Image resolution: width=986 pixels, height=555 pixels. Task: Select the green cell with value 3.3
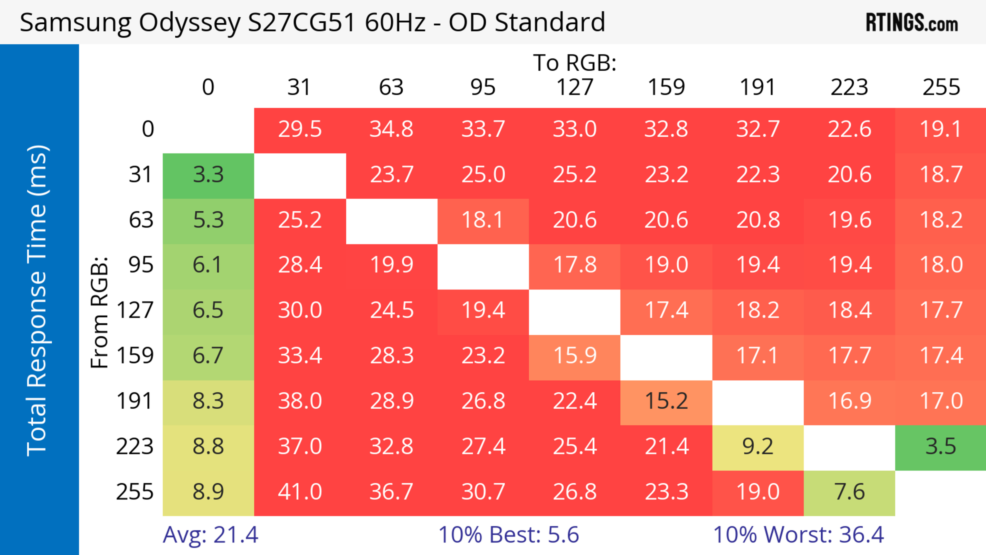208,175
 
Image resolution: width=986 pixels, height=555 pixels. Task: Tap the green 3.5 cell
941,447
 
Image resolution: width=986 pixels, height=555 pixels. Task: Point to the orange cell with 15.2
666,401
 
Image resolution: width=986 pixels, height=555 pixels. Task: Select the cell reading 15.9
575,356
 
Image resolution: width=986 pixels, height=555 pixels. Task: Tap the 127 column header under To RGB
575,87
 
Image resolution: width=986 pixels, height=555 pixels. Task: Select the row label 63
141,220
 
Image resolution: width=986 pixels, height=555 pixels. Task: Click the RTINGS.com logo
912,23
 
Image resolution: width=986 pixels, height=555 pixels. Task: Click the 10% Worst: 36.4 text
799,535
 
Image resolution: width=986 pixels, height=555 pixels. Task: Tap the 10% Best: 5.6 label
508,535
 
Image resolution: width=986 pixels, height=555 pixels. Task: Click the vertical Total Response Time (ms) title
37,300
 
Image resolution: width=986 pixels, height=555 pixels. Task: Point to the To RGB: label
575,63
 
